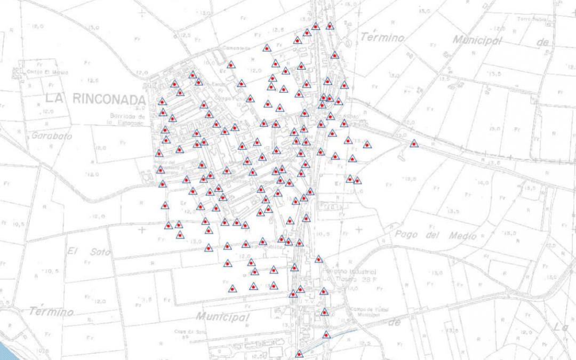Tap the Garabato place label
[x=51, y=136]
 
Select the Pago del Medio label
[x=435, y=234]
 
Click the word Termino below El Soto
[x=51, y=311]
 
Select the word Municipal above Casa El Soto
[x=222, y=317]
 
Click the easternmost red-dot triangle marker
[x=414, y=143]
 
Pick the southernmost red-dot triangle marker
[x=299, y=354]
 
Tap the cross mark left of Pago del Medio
[x=358, y=230]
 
